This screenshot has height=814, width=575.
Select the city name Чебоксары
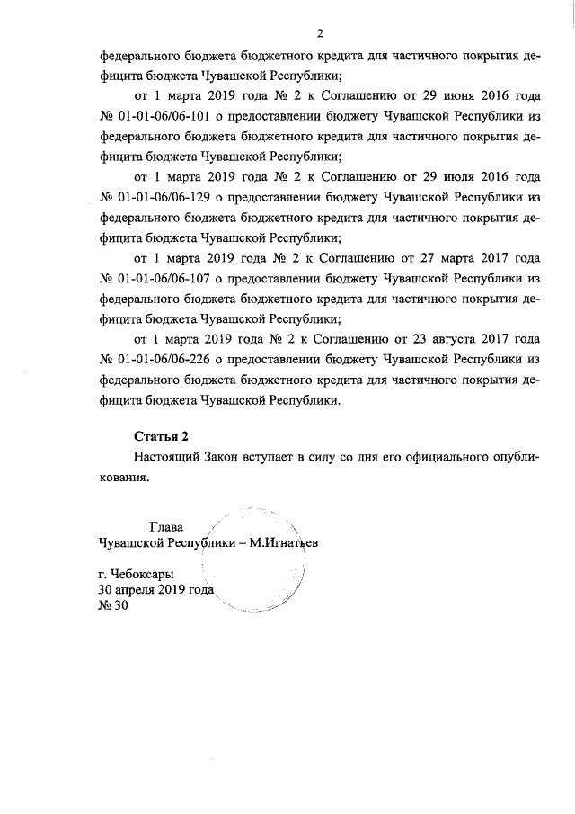click(x=143, y=573)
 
